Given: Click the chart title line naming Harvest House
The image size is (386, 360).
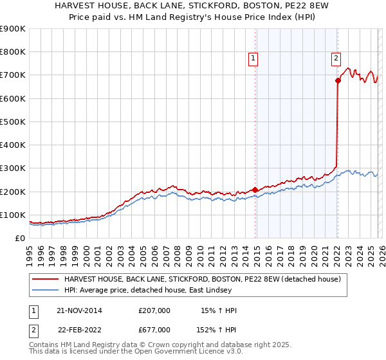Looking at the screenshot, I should click(x=192, y=6).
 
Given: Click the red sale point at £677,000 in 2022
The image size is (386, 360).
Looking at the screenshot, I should click(x=338, y=80).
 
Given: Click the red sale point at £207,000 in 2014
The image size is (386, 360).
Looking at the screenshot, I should click(x=255, y=190).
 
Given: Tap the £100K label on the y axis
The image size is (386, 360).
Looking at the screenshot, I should click(x=15, y=215).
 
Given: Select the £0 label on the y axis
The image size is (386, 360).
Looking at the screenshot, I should click(x=20, y=238).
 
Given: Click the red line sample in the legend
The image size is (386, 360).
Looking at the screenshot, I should click(x=46, y=280).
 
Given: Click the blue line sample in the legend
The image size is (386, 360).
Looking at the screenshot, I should click(x=46, y=291).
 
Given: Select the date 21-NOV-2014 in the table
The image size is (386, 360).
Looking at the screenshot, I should click(x=79, y=310).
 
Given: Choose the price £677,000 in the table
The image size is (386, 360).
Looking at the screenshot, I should click(x=154, y=329).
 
